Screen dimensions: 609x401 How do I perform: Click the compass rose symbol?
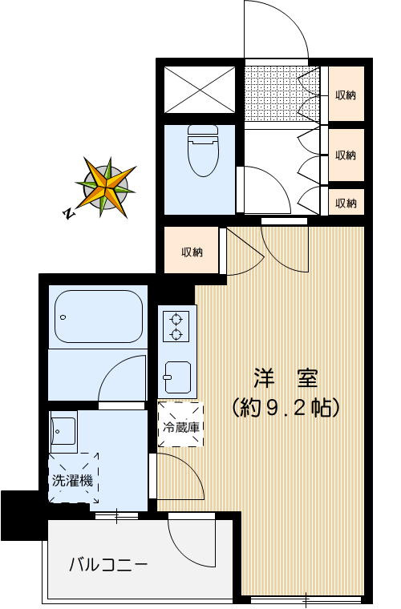[x=105, y=187]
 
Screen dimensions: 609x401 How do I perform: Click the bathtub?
[x=98, y=317]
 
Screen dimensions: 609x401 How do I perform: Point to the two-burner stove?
[x=175, y=325]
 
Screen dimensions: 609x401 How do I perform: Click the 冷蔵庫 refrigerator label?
[x=180, y=426]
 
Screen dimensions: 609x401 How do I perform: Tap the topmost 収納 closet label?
[x=346, y=95]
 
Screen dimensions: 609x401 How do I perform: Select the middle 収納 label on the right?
[x=346, y=155]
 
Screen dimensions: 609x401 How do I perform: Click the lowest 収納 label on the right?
[x=346, y=203]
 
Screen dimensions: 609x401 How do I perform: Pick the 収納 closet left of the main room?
[x=192, y=252]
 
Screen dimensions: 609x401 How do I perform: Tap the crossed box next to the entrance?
[x=200, y=90]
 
